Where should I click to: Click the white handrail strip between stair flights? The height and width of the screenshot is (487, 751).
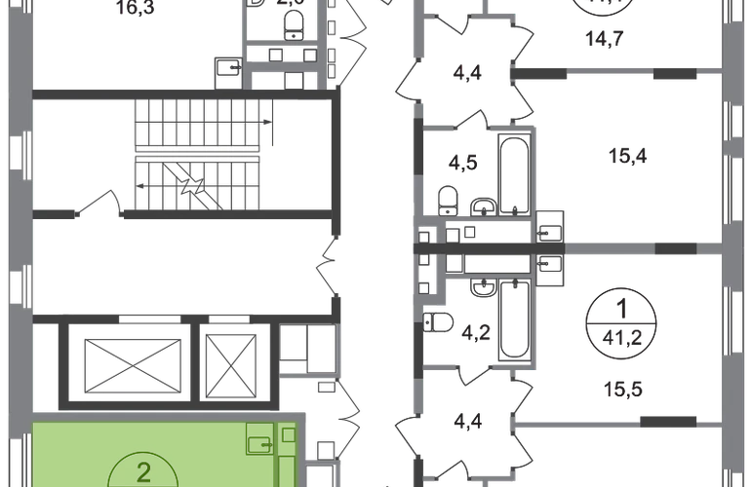click(x=198, y=152)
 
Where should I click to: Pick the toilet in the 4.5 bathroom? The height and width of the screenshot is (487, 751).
click(x=449, y=199)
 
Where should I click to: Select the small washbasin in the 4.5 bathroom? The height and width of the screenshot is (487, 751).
click(x=486, y=204)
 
